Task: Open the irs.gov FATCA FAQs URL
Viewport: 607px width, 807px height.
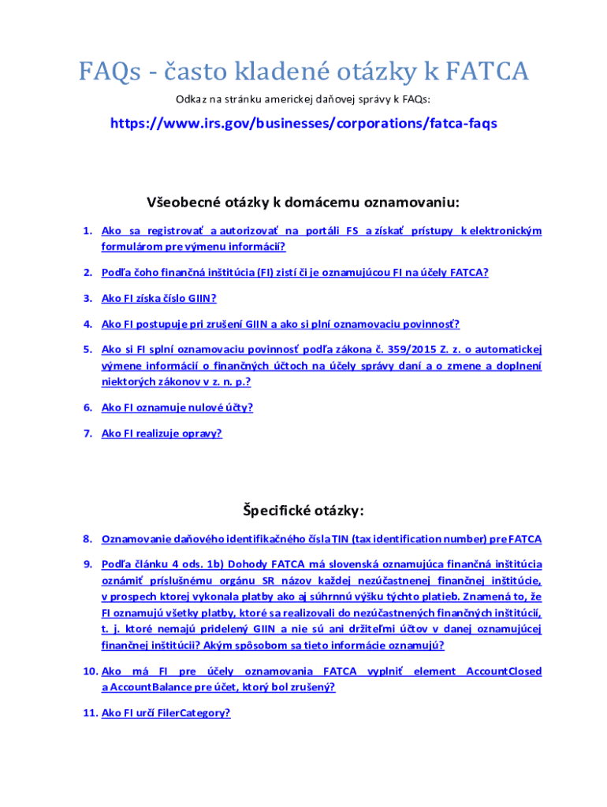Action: point(303,124)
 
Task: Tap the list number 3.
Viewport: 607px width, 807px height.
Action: point(88,298)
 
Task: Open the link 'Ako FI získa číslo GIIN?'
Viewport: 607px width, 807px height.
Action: point(158,298)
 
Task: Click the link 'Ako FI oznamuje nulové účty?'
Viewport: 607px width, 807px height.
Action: point(177,407)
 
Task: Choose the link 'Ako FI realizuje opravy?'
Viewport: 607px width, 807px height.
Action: point(162,433)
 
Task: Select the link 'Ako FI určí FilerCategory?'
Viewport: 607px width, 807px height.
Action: point(166,712)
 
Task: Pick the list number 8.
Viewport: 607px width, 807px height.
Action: point(88,539)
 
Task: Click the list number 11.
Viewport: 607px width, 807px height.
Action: point(88,712)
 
